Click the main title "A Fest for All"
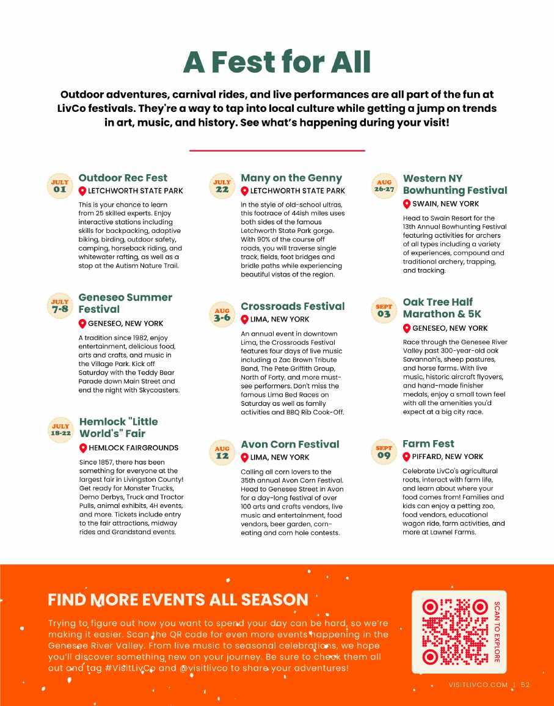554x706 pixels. [277, 62]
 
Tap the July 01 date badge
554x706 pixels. [59, 185]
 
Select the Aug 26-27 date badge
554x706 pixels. [384, 185]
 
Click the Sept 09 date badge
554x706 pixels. [384, 452]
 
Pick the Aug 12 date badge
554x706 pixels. [222, 452]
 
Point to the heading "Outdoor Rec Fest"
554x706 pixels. [123, 178]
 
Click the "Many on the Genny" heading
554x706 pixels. [291, 178]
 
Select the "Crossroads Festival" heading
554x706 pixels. [293, 306]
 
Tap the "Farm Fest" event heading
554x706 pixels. [428, 444]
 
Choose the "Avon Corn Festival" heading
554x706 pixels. [290, 444]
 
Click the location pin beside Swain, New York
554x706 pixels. [407, 204]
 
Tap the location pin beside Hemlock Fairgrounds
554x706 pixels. [83, 448]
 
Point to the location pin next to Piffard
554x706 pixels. [407, 457]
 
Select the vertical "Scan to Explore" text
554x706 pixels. [497, 631]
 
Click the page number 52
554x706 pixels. [525, 685]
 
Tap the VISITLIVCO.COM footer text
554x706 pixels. [477, 685]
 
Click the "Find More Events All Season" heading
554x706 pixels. [178, 600]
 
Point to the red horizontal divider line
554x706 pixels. [277, 150]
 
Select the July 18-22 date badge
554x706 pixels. [60, 429]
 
